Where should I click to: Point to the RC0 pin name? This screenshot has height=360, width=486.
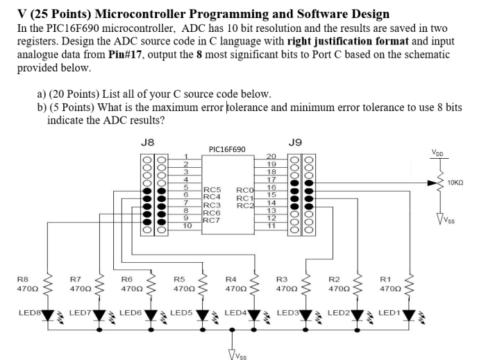point(245,189)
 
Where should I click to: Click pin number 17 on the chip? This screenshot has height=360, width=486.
point(271,180)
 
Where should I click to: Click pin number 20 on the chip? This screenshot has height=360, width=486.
point(271,157)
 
